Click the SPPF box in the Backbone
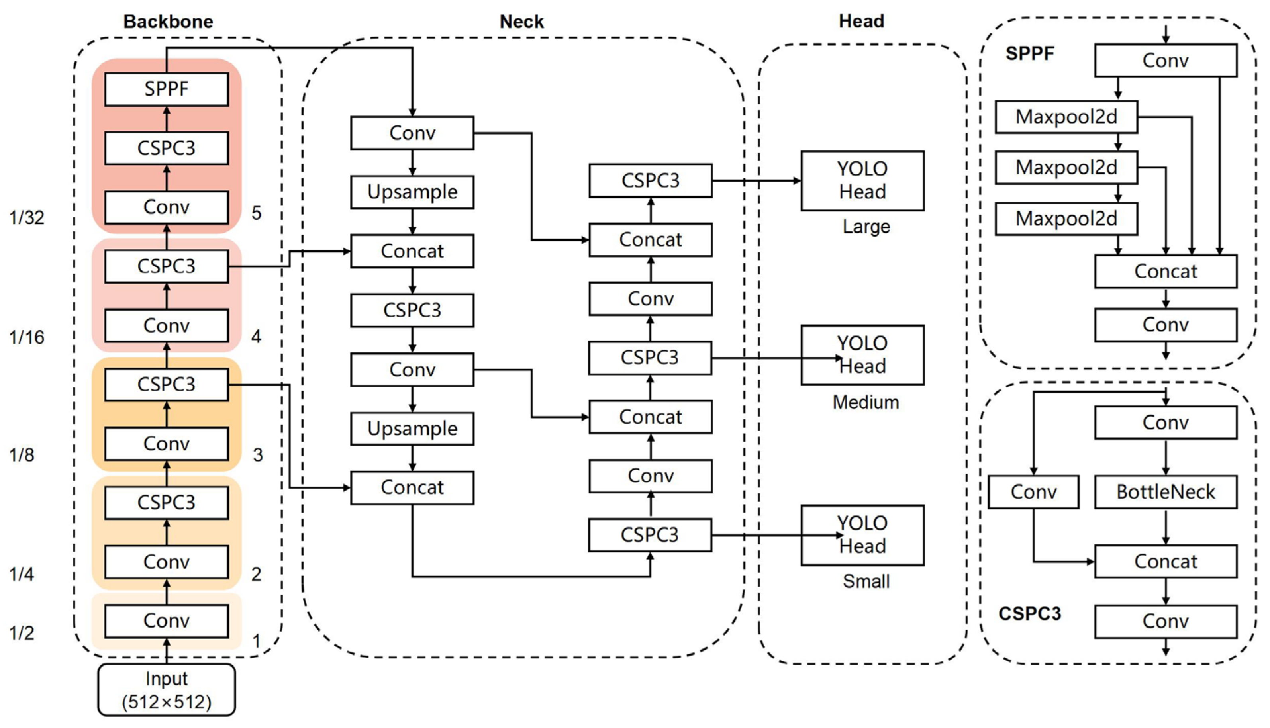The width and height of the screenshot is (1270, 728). point(167,89)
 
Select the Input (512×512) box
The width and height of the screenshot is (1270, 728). point(167,690)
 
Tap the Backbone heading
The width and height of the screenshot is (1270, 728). point(168,22)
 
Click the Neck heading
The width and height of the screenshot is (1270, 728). point(521,22)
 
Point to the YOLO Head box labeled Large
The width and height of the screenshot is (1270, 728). point(862,180)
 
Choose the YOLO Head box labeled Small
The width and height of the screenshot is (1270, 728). point(862,535)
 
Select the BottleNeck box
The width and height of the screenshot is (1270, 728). point(1166,492)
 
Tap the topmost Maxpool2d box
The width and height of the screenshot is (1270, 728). point(1066,117)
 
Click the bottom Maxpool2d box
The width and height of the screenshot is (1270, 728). point(1066,219)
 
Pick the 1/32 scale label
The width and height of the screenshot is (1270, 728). point(27,218)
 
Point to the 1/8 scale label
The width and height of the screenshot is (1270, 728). point(22,455)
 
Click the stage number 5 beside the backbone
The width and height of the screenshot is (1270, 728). point(257,213)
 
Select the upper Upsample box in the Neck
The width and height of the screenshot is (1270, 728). point(412,192)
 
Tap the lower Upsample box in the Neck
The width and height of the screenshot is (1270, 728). point(412,429)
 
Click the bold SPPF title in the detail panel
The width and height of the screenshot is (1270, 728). point(1029,53)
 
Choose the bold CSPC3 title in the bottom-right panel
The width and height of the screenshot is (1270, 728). point(1029,613)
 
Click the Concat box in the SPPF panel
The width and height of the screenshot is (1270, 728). point(1166,272)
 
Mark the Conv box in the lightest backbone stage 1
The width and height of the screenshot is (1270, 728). point(167,621)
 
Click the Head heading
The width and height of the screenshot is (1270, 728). point(861,21)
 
